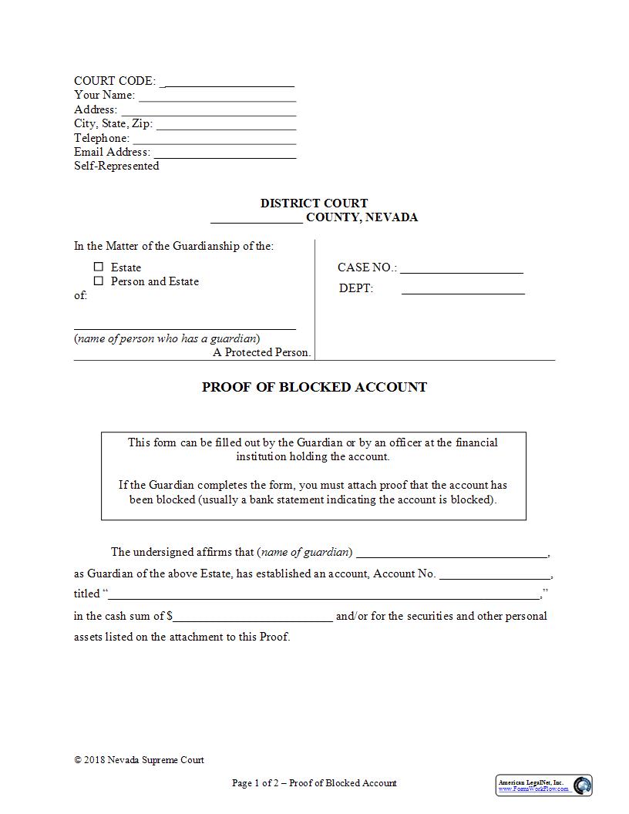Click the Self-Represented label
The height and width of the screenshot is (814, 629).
(116, 166)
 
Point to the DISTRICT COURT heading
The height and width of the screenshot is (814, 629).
(314, 203)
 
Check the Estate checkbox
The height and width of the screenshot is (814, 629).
(99, 267)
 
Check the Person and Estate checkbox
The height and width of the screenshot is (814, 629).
(99, 281)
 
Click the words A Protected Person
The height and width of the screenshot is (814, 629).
(262, 352)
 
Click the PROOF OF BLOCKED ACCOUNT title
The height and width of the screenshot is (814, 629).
(314, 387)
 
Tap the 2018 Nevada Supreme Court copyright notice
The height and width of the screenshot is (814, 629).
(140, 760)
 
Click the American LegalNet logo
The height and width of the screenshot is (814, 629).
(544, 785)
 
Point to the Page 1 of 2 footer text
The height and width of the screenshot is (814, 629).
(314, 783)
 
